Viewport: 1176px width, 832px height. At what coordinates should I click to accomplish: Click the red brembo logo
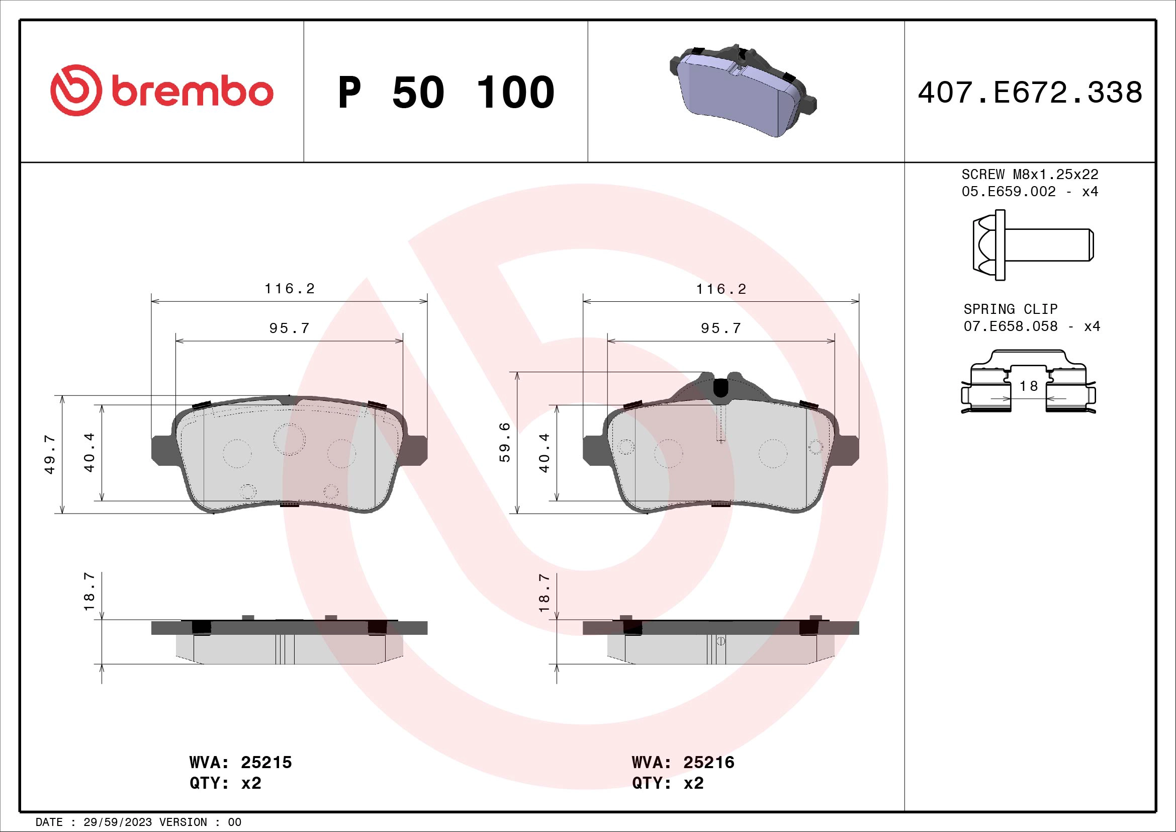[162, 91]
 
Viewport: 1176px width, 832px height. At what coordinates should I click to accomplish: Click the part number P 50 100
[446, 93]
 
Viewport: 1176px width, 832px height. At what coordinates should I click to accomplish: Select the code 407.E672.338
[1030, 93]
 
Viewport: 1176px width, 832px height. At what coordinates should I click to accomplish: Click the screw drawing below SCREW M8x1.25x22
[1032, 245]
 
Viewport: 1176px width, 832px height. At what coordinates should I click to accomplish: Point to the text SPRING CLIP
[1010, 309]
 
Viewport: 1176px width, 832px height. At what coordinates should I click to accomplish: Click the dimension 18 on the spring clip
[1028, 386]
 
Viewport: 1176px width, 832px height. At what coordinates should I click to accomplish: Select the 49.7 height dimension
[50, 454]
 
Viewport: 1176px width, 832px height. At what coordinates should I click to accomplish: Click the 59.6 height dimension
[504, 443]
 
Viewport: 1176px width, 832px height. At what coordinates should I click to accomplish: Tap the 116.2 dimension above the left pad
[290, 289]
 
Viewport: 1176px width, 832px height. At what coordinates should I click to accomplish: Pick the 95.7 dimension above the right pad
[720, 328]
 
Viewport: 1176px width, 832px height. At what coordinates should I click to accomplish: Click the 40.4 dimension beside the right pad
[544, 453]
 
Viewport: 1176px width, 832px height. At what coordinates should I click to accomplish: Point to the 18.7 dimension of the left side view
[89, 592]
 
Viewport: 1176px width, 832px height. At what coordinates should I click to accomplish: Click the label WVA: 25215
[240, 762]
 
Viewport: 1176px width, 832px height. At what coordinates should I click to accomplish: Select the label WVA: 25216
[683, 762]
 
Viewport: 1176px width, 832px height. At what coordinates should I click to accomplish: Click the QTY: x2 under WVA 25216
[667, 783]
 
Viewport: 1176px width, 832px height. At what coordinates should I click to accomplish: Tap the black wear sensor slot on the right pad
[720, 388]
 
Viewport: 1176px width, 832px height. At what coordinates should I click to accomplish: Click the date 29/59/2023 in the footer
[118, 822]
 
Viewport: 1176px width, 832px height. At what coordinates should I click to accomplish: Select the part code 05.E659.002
[1009, 192]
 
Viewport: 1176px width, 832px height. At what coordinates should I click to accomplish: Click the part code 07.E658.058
[1010, 326]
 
